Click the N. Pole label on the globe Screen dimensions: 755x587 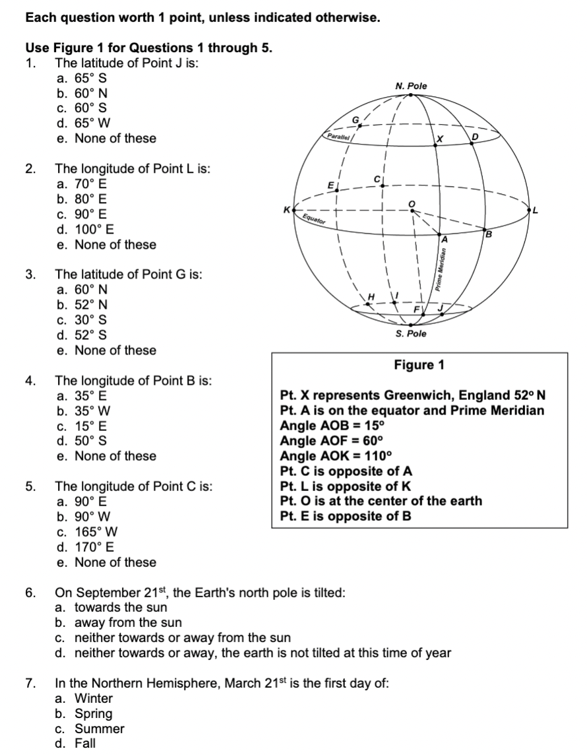pos(411,86)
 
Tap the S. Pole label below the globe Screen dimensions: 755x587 pos(411,334)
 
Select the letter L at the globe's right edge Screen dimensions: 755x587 pos(536,211)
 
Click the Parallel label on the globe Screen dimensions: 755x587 pos(340,136)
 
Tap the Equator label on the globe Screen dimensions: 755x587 pos(313,218)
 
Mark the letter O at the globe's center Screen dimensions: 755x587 pos(413,203)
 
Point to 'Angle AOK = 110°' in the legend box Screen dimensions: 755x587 pos(336,457)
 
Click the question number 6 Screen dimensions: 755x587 pos(30,593)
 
